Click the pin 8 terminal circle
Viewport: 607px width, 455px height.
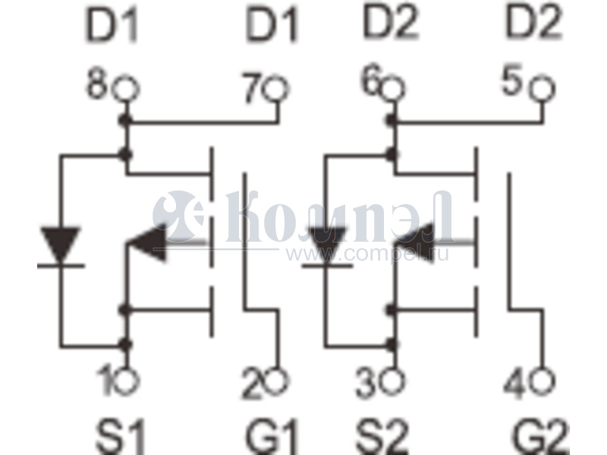point(126,88)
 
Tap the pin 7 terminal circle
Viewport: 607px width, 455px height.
point(275,88)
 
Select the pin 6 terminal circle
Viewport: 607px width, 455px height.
point(392,88)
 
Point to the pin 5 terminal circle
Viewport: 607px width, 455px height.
point(542,89)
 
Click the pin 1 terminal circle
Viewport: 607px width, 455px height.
point(126,380)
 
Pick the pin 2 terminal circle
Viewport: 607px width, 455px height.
point(275,380)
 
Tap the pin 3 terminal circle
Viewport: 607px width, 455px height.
point(392,380)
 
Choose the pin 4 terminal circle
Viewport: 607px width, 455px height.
point(542,380)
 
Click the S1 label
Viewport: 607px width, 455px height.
point(121,437)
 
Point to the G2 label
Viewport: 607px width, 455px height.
point(540,437)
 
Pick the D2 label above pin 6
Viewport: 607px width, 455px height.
point(391,24)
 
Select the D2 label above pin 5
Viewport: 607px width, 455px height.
point(534,24)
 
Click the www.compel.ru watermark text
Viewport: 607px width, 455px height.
point(367,254)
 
